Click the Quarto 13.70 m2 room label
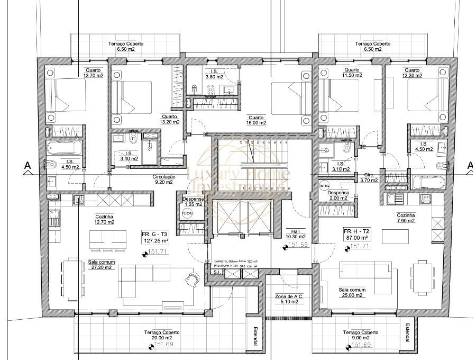click(x=95, y=73)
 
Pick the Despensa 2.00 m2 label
click(x=338, y=195)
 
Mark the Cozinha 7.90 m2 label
click(x=406, y=218)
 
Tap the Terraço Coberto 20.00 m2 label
click(x=162, y=335)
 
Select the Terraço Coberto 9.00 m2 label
click(x=361, y=335)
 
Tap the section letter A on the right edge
click(x=470, y=166)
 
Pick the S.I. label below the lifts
click(x=216, y=272)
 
